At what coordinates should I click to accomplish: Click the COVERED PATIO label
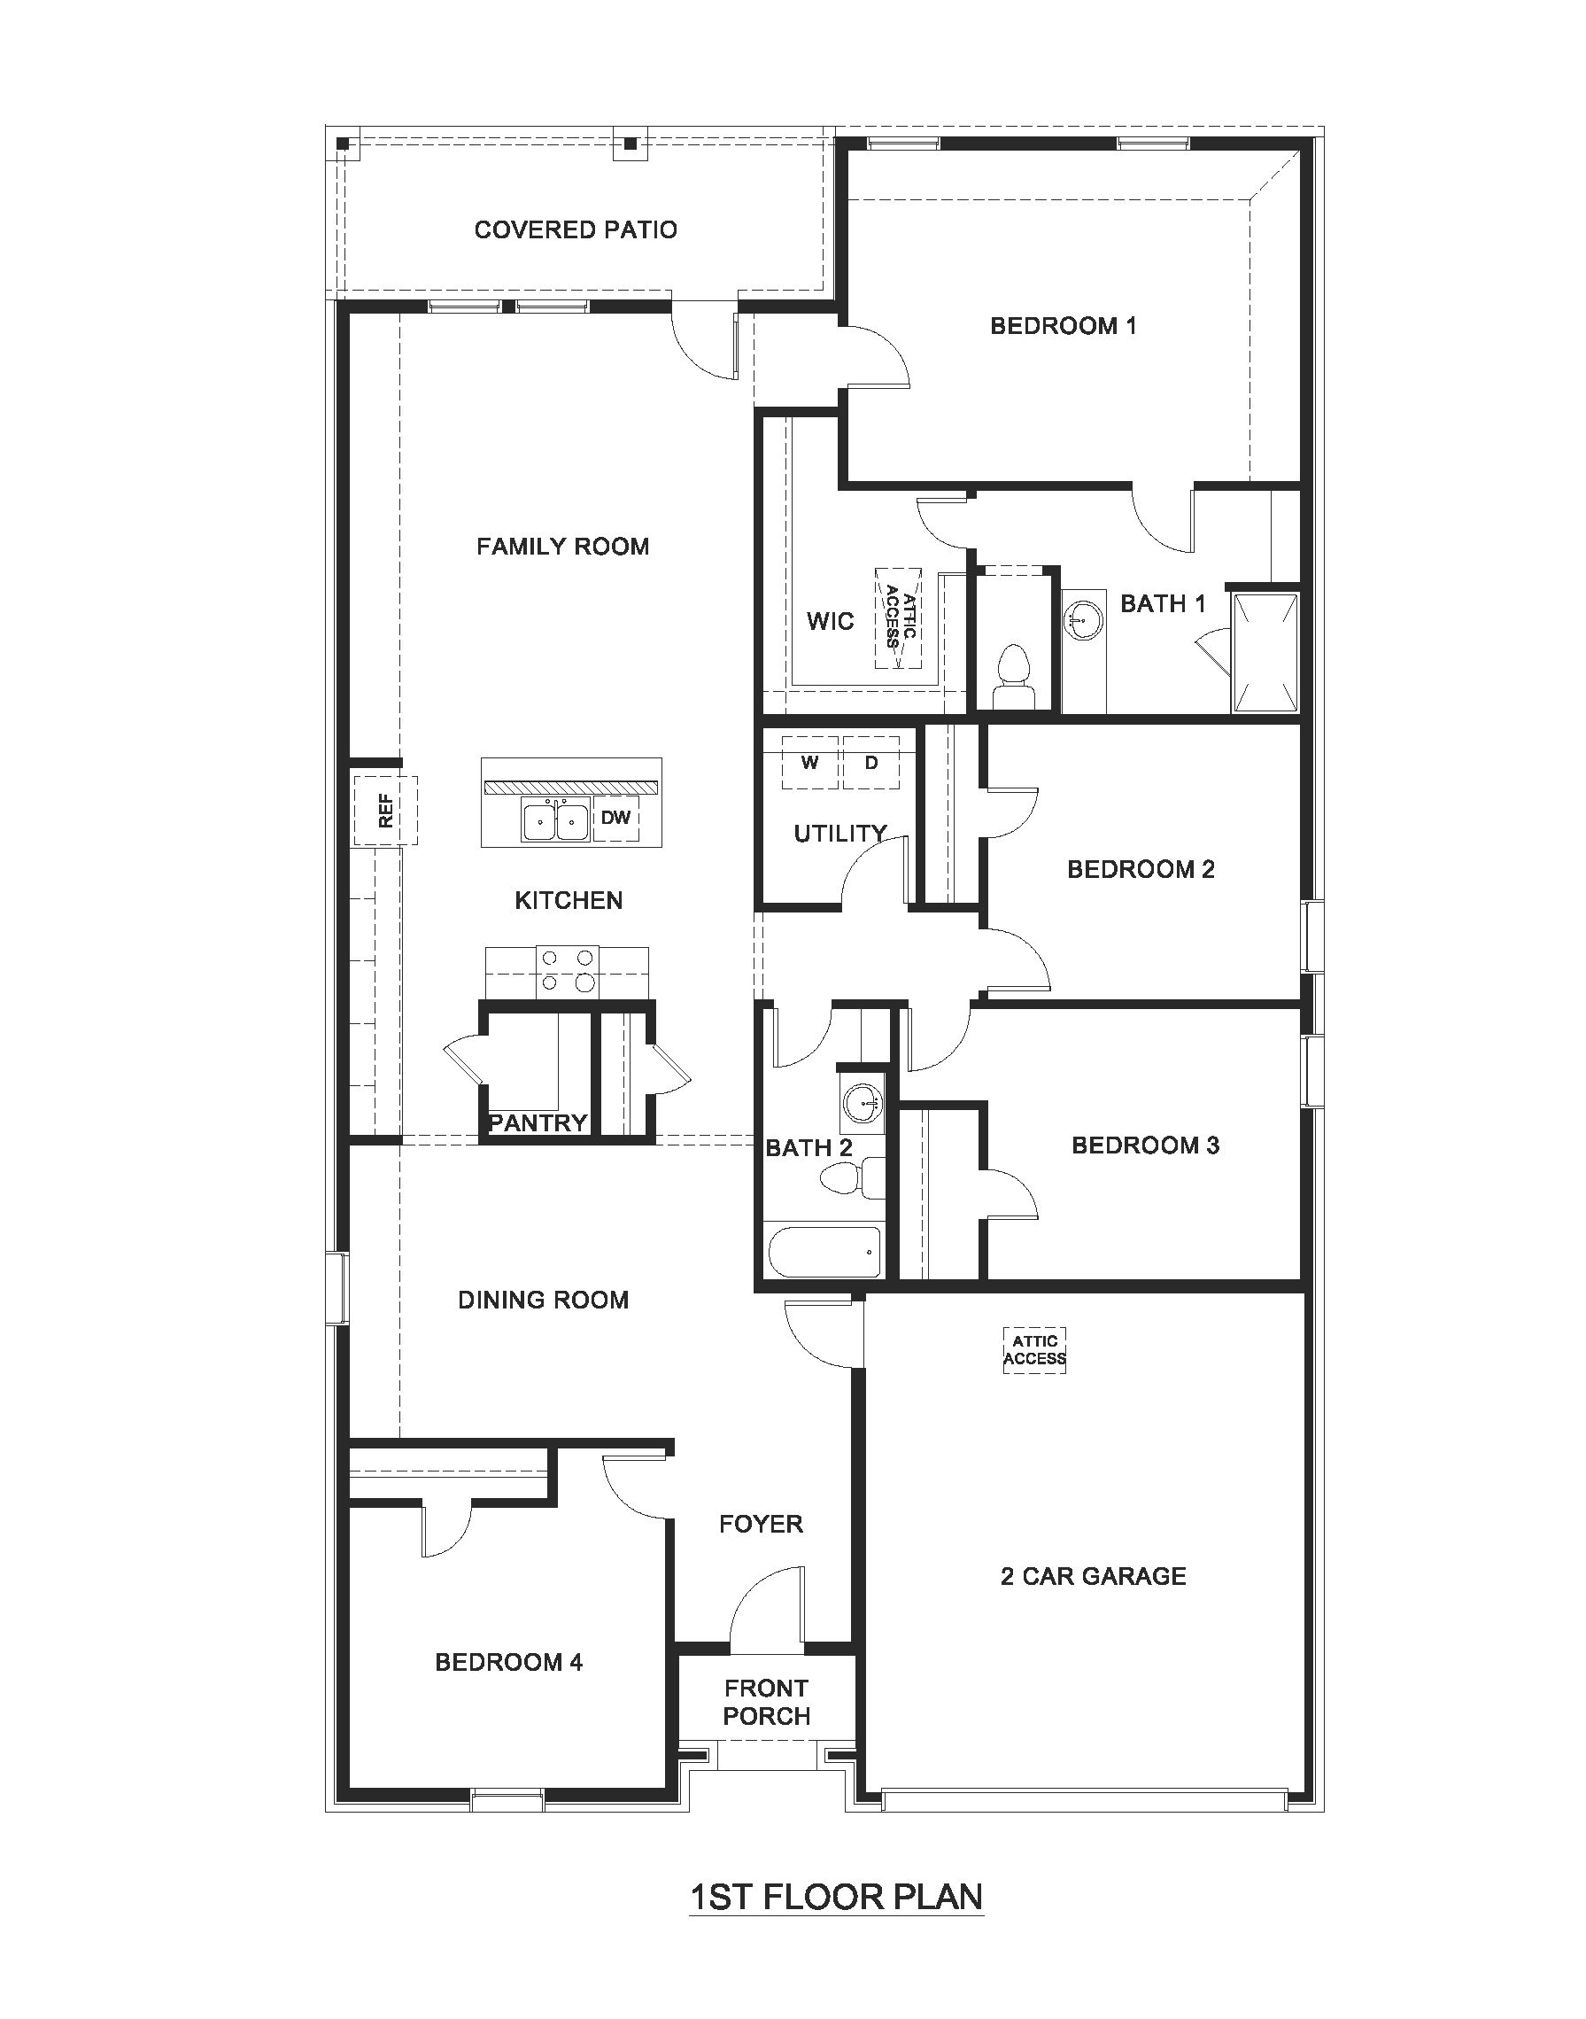click(x=576, y=229)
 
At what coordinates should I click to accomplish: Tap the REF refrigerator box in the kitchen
click(x=385, y=810)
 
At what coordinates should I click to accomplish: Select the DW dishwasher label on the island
click(x=615, y=818)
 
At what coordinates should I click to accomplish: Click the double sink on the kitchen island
click(x=555, y=821)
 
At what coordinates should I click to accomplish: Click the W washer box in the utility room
click(x=810, y=763)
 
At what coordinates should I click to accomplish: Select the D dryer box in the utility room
click(x=871, y=763)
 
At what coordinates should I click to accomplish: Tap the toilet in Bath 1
click(x=1013, y=678)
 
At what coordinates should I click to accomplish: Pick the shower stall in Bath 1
click(x=1265, y=652)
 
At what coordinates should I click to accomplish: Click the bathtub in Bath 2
click(x=824, y=1252)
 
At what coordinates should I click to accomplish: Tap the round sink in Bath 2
click(x=863, y=1104)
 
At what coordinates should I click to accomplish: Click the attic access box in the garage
click(x=1034, y=1349)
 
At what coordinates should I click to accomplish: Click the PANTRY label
click(x=538, y=1122)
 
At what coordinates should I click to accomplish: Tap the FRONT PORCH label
click(x=766, y=1701)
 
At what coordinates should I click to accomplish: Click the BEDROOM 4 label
click(x=509, y=1661)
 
